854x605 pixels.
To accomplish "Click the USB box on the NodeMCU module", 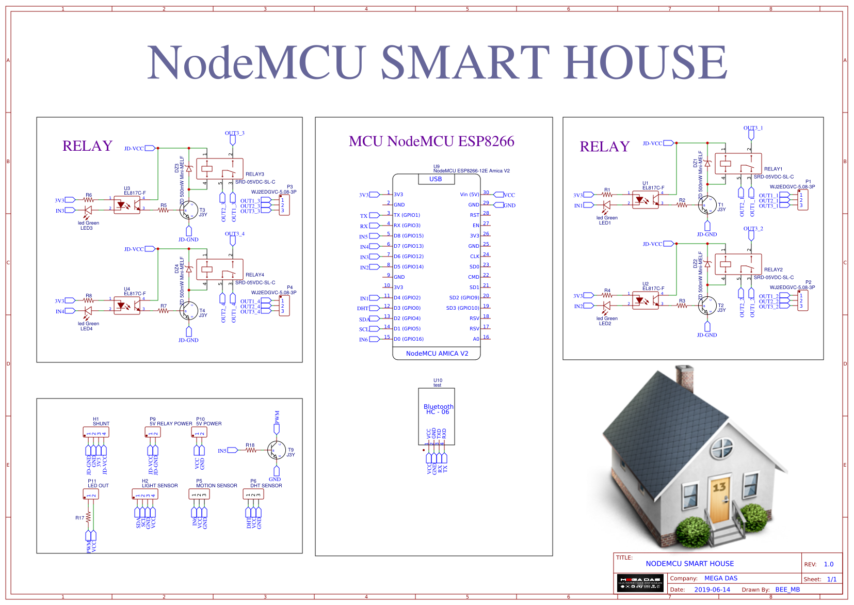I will (436, 179).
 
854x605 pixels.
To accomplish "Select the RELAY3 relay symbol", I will (219, 169).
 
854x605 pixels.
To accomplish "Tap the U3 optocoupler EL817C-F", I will (126, 205).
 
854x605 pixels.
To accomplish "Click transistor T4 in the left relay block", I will (189, 311).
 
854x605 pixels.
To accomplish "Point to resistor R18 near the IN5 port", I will (251, 450).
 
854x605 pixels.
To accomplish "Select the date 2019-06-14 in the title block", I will (712, 590).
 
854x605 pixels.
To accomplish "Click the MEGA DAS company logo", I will (640, 583).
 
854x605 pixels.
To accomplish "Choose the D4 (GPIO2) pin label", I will (407, 298).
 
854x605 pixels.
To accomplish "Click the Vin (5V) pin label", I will (470, 195).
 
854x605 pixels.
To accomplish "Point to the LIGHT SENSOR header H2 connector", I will (145, 495).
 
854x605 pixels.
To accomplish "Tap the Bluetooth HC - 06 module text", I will (438, 409).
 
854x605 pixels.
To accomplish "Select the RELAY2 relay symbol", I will (738, 264).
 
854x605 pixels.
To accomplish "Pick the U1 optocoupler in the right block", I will (645, 199).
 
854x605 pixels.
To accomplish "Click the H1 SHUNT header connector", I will (96, 433).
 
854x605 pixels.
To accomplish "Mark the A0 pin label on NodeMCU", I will (476, 339).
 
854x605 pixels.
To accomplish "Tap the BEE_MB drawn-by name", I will (787, 590).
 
